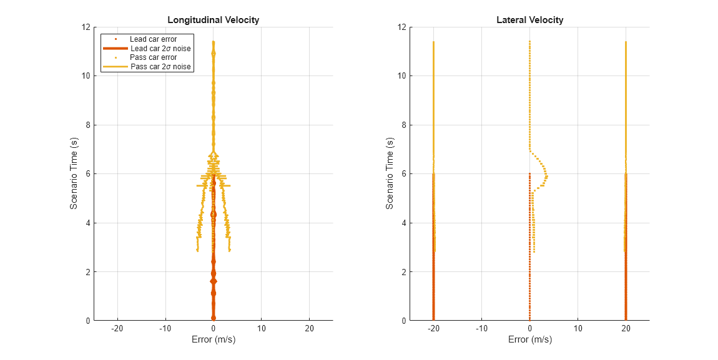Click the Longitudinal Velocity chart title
(x=213, y=20)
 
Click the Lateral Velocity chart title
(x=529, y=20)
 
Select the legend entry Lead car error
(x=153, y=39)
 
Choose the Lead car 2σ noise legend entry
(x=160, y=49)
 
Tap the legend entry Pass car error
(x=153, y=57)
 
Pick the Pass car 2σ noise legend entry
(x=160, y=67)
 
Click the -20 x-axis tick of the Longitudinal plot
(x=117, y=329)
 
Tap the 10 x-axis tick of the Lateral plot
(x=578, y=329)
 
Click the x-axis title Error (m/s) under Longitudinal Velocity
(x=213, y=340)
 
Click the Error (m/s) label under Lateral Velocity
(x=529, y=340)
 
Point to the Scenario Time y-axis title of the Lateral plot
(x=390, y=173)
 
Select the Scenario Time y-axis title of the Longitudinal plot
(x=74, y=173)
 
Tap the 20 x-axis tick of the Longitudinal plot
(x=309, y=329)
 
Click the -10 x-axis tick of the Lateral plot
(x=481, y=329)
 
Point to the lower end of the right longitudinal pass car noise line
(x=230, y=251)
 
